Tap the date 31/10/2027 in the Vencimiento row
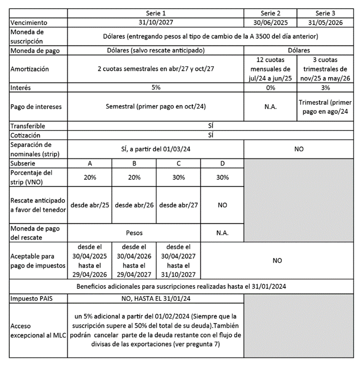coord(156,22)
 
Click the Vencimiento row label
coord(29,22)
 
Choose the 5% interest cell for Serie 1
coord(156,88)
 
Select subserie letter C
coord(179,163)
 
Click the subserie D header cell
coord(222,163)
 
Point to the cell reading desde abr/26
coord(134,205)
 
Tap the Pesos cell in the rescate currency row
coord(134,233)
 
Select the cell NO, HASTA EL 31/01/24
coord(156,298)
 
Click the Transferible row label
coord(28,126)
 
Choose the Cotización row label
coord(27,135)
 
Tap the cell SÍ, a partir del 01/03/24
coord(156,149)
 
